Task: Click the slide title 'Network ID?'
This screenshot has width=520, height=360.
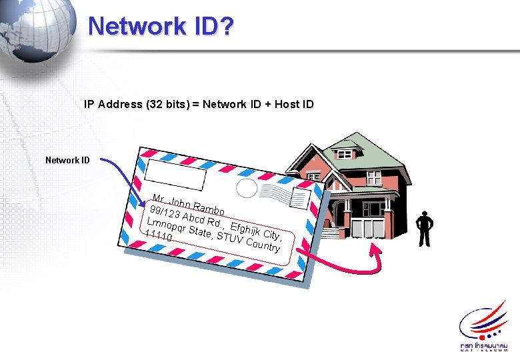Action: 161,27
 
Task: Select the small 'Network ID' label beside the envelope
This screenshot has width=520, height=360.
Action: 67,160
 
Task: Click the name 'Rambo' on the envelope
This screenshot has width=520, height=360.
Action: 211,209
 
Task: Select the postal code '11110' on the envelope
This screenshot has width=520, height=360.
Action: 159,236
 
